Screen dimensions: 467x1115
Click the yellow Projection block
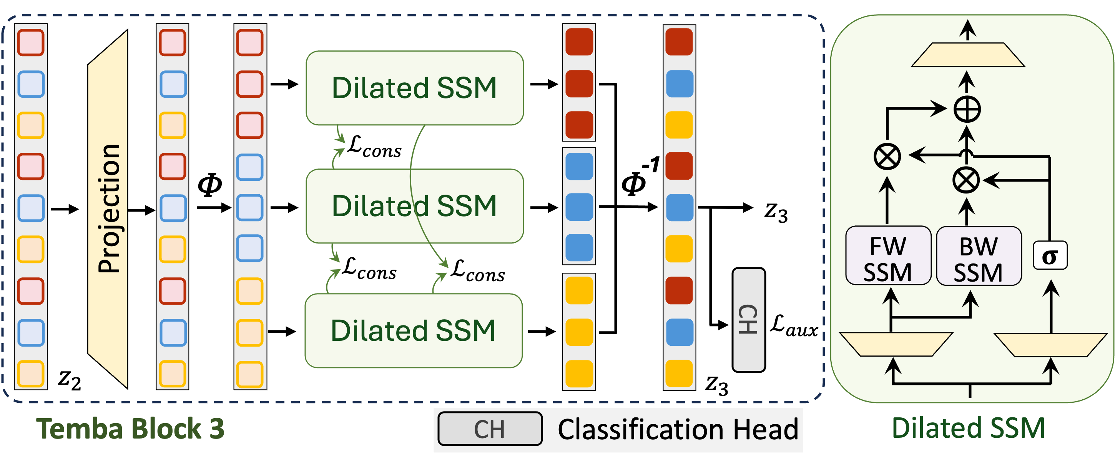(108, 209)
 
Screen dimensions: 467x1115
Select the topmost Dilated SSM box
(414, 88)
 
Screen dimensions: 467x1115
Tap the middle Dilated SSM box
(414, 206)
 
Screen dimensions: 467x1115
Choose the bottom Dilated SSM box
(413, 330)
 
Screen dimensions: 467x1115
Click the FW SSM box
(888, 255)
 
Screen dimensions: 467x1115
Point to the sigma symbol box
(1050, 255)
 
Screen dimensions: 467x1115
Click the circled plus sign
(967, 109)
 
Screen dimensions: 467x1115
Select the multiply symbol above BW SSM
(965, 180)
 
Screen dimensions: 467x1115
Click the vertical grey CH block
(748, 320)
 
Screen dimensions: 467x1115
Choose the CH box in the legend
(490, 429)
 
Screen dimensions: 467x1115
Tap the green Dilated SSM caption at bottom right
(968, 428)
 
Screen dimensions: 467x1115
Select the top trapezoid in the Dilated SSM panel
(968, 55)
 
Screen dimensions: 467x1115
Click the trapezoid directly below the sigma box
(1050, 344)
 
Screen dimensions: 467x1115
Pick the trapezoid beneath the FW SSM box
(896, 344)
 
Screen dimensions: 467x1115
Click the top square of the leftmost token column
(31, 42)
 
